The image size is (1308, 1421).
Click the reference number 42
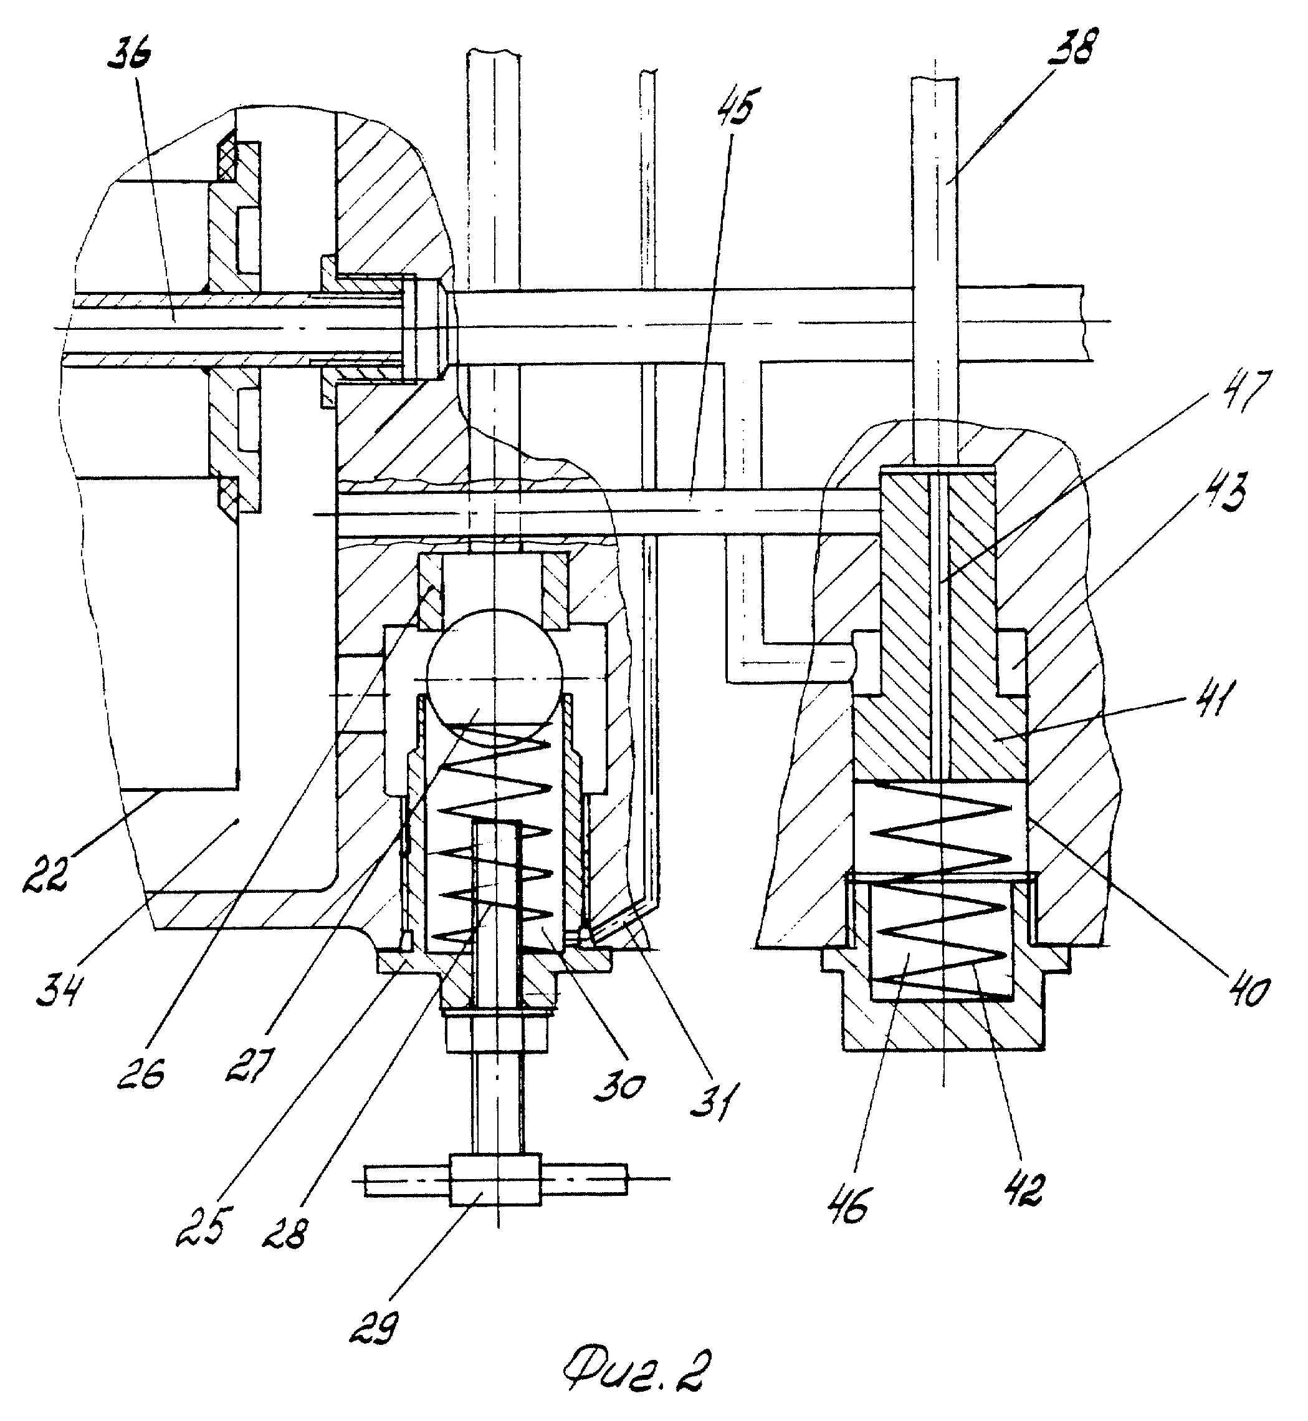[1023, 1190]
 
